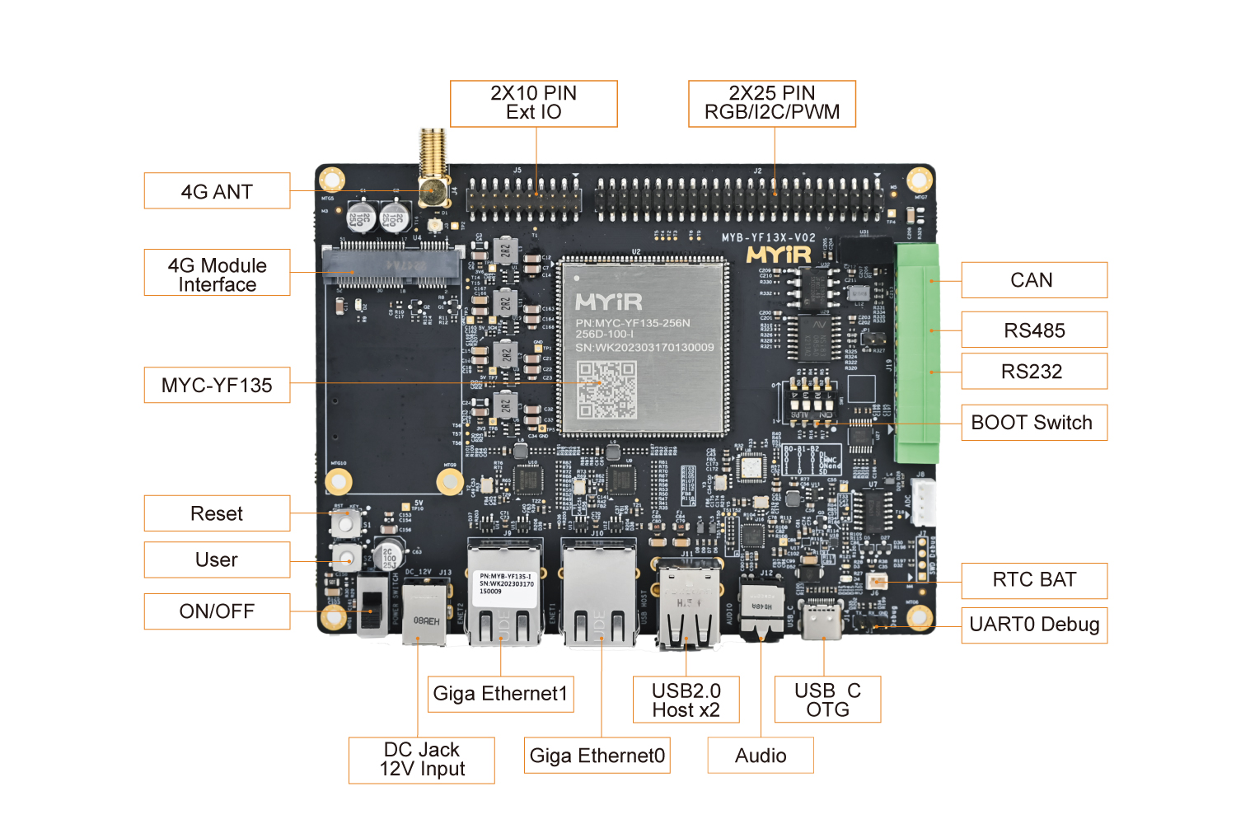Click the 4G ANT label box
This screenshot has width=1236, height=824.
tap(217, 191)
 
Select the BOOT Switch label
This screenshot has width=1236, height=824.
tap(1033, 423)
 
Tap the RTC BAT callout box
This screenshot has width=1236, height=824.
tap(1033, 580)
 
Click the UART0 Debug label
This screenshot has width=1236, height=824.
tap(1033, 625)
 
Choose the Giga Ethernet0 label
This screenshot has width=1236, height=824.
tap(597, 756)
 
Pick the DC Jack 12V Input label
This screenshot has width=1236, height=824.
tap(421, 760)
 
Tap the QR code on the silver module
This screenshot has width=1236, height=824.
tap(606, 390)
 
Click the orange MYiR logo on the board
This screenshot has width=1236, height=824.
tap(779, 255)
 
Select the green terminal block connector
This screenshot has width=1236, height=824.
tap(917, 353)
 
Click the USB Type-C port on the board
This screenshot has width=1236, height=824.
tap(822, 620)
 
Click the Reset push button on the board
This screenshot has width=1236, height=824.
tap(344, 521)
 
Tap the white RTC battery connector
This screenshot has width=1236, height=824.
tap(876, 583)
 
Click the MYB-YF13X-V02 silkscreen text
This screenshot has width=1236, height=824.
tap(768, 238)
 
